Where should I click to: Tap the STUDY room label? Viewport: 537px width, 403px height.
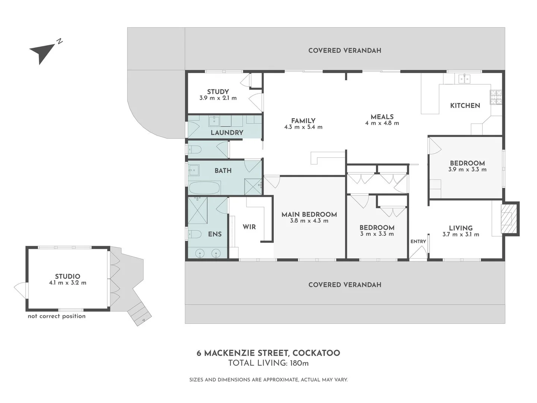click(218, 92)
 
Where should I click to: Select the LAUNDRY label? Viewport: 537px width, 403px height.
click(227, 132)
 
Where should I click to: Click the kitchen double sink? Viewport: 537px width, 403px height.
click(464, 79)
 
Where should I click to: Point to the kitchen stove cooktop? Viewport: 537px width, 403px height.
click(496, 97)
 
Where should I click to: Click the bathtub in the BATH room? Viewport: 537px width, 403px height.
click(205, 188)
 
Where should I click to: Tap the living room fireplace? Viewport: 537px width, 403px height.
click(509, 219)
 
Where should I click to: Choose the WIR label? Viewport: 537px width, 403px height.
click(249, 227)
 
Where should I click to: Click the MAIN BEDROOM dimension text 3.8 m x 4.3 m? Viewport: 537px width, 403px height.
click(309, 221)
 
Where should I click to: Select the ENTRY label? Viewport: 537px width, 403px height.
click(418, 241)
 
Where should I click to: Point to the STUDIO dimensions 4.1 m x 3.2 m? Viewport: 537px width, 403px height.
click(67, 282)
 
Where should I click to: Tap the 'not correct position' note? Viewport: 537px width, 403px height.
click(57, 316)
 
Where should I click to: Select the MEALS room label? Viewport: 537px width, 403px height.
click(382, 117)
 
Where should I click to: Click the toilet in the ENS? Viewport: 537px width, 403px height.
click(195, 234)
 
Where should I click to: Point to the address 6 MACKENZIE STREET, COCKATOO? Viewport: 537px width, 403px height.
click(268, 353)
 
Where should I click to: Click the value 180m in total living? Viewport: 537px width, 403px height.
click(299, 363)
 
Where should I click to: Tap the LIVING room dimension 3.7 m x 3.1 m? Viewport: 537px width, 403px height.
click(461, 234)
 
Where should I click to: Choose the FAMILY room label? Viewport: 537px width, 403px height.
click(303, 121)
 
